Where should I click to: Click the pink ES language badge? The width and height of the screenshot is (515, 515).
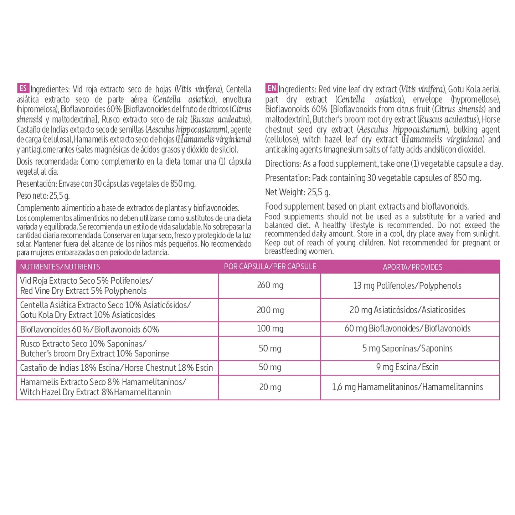pyautogui.click(x=23, y=88)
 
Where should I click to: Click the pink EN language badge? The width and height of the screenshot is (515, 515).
pyautogui.click(x=271, y=88)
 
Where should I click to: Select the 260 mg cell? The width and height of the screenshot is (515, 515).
pyautogui.click(x=270, y=285)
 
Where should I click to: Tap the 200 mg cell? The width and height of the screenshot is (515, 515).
pyautogui.click(x=270, y=310)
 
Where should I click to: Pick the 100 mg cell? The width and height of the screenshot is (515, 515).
pyautogui.click(x=270, y=329)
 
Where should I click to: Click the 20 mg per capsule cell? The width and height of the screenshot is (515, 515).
pyautogui.click(x=270, y=387)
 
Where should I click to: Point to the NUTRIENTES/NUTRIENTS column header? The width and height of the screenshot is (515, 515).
pyautogui.click(x=60, y=267)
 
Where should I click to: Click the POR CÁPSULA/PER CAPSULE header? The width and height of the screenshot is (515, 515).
pyautogui.click(x=270, y=267)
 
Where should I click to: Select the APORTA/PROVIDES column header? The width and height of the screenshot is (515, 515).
pyautogui.click(x=412, y=267)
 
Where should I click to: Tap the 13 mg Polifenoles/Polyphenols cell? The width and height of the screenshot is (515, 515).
pyautogui.click(x=407, y=285)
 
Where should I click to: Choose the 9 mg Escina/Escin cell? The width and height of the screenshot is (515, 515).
pyautogui.click(x=407, y=367)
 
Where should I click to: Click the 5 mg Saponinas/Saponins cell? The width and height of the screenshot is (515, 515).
pyautogui.click(x=407, y=348)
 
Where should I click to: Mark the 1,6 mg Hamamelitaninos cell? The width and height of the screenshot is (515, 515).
pyautogui.click(x=407, y=387)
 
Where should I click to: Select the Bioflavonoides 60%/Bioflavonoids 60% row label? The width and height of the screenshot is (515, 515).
pyautogui.click(x=89, y=329)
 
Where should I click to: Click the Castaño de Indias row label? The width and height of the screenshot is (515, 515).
pyautogui.click(x=116, y=368)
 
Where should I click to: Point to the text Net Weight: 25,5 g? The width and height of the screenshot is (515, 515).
pyautogui.click(x=298, y=192)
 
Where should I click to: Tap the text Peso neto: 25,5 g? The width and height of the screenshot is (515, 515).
pyautogui.click(x=43, y=196)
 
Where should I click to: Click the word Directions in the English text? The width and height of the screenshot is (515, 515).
pyautogui.click(x=283, y=164)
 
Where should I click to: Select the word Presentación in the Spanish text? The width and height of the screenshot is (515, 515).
pyautogui.click(x=36, y=184)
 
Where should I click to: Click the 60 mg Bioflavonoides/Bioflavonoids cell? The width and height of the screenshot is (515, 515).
pyautogui.click(x=407, y=329)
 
